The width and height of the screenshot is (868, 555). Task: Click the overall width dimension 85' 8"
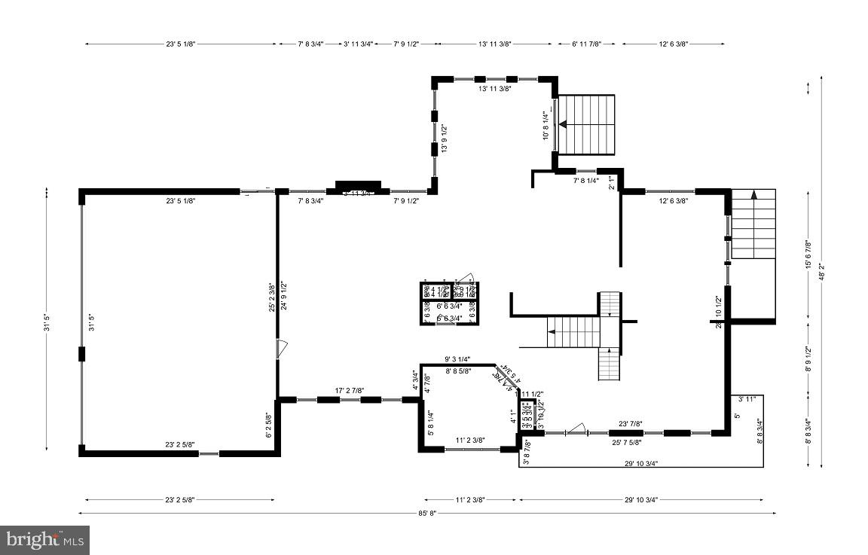[x=426, y=513]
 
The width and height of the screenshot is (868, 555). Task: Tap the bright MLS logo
[x=45, y=539]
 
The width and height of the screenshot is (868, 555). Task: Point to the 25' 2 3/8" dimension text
[x=271, y=297]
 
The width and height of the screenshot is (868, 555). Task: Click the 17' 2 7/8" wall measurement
[x=349, y=390]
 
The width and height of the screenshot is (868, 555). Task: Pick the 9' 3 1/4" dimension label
[x=457, y=359]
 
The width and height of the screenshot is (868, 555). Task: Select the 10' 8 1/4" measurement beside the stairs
[x=546, y=124]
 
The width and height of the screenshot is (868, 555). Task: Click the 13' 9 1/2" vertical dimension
[x=445, y=139]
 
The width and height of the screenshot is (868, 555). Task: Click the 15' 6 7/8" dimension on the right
[x=807, y=255]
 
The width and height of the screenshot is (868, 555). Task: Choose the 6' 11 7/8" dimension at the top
[x=587, y=44]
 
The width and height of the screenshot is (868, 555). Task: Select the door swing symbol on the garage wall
[x=281, y=348]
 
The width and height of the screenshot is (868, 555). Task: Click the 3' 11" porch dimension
[x=747, y=399]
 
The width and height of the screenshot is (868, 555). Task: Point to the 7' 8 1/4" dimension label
[x=586, y=181]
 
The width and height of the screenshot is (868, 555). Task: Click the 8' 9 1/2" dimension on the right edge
[x=807, y=358]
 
